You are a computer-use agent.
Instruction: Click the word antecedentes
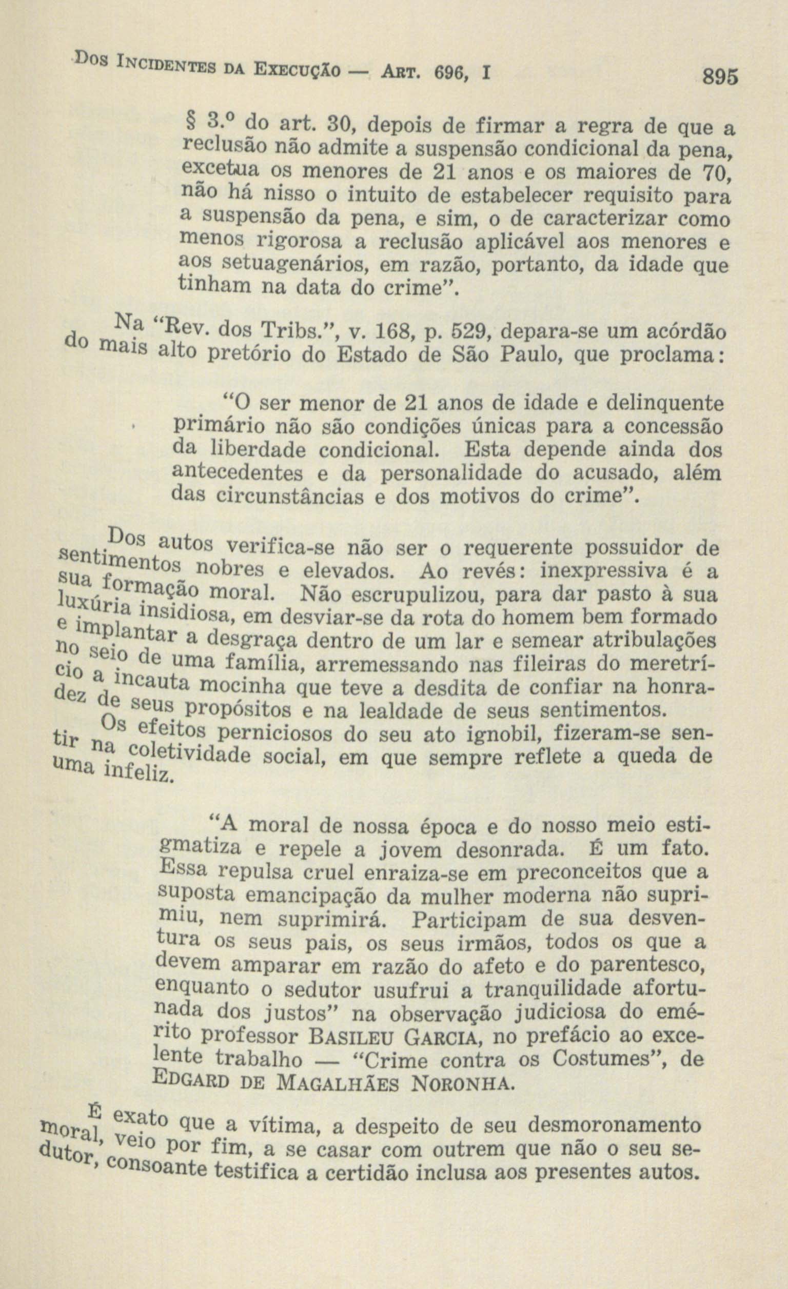click(244, 473)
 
